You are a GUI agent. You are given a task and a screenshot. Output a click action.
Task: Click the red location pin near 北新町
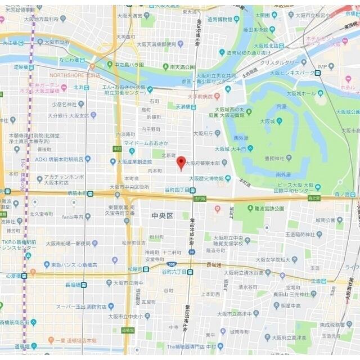point(181,163)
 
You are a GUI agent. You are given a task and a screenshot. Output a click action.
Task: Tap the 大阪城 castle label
point(268,120)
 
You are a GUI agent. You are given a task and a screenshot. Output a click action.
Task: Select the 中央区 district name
point(163,215)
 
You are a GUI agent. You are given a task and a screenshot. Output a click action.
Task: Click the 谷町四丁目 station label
point(177,190)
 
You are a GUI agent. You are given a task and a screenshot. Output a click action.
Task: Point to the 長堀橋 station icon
point(83,285)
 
